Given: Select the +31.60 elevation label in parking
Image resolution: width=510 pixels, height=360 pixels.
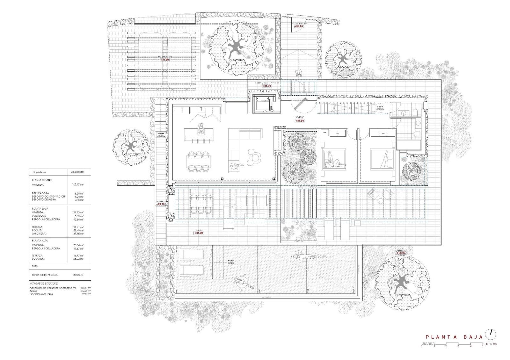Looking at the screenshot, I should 164,60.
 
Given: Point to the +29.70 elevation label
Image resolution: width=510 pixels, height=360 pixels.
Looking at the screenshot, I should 160,204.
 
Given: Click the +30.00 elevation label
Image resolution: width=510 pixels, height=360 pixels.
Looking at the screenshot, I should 401,253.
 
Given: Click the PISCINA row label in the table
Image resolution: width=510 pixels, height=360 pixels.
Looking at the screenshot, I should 37,230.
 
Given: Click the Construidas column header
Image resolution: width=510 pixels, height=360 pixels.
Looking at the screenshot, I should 77,172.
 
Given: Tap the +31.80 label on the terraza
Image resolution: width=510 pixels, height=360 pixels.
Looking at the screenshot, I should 199,233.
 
